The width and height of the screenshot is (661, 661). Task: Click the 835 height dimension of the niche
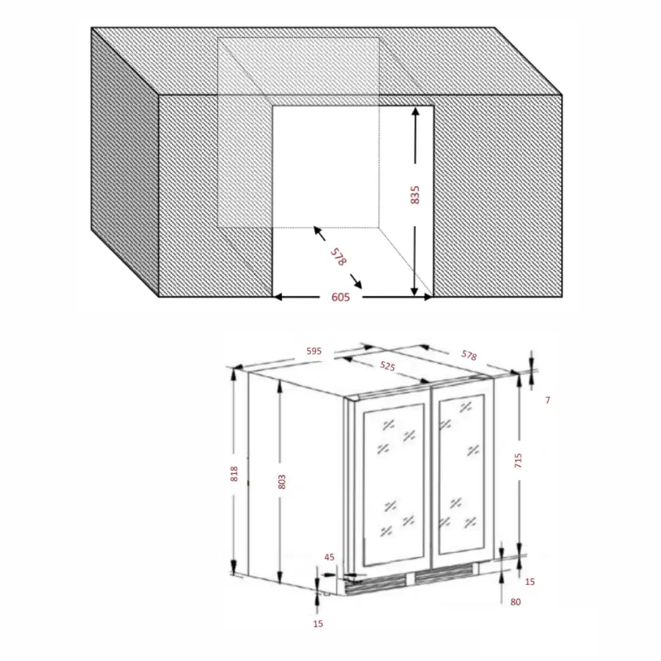(415, 195)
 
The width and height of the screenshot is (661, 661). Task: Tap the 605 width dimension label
(341, 297)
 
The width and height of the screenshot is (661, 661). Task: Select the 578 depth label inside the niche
(338, 256)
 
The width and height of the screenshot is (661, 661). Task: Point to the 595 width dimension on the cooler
(314, 351)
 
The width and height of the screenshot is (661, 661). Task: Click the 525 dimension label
(387, 366)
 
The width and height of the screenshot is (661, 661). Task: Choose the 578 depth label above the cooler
(469, 356)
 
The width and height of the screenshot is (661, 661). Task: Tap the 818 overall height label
(234, 474)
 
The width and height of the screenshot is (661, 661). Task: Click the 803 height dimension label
(282, 482)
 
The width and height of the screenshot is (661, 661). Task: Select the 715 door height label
(518, 460)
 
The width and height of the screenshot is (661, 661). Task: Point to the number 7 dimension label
(548, 400)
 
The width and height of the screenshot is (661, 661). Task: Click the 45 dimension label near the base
(329, 558)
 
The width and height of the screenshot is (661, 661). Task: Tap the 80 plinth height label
(515, 602)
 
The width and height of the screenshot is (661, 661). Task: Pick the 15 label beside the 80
(530, 582)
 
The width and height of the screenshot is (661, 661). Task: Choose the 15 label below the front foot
(318, 624)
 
